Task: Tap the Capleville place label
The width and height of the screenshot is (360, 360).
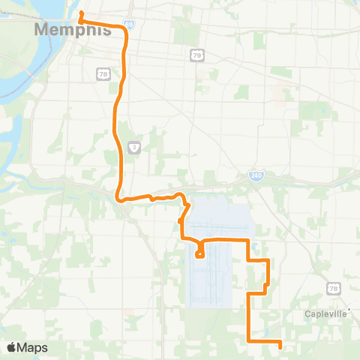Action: coord(326,314)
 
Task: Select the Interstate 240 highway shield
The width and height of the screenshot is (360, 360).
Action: coord(256,175)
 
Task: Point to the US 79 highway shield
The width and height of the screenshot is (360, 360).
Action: coord(196,55)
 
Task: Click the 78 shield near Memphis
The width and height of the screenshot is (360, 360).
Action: coord(103,73)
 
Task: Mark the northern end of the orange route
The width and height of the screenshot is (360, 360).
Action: coord(80,13)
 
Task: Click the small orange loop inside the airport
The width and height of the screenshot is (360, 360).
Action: coord(199,253)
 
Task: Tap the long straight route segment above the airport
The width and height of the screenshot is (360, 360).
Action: coord(225,239)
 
